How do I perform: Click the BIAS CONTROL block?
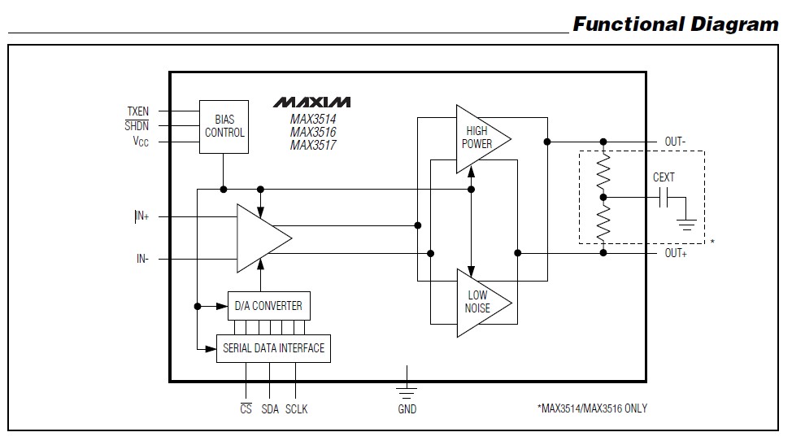click(x=224, y=126)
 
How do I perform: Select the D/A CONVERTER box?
click(x=268, y=306)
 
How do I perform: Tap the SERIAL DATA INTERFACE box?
click(x=273, y=348)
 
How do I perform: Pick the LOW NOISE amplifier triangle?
click(x=479, y=302)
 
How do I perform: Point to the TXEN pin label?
click(x=137, y=111)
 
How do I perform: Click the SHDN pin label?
click(x=137, y=126)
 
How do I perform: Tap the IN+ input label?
click(x=141, y=217)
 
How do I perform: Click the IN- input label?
click(x=142, y=260)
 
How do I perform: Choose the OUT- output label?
click(x=675, y=142)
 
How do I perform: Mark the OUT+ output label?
click(x=675, y=253)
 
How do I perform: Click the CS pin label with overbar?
click(x=246, y=408)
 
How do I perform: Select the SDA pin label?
click(x=270, y=408)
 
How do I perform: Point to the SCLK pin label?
click(x=296, y=408)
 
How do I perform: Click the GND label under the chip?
click(x=407, y=408)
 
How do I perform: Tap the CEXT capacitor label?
click(x=664, y=177)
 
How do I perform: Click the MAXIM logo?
click(x=311, y=103)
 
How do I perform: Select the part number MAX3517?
click(x=313, y=146)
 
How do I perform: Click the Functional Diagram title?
click(x=675, y=24)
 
